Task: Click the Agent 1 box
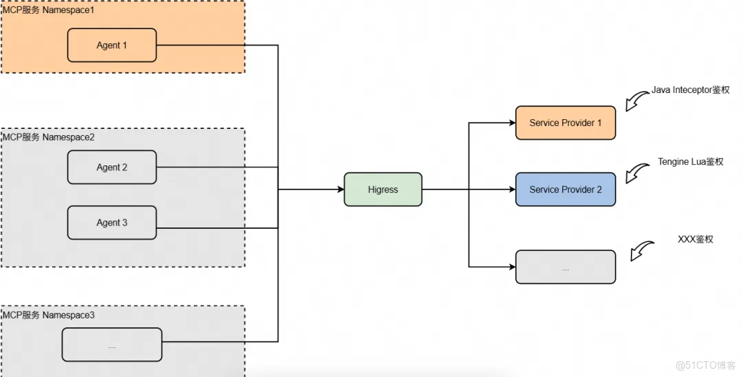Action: coord(112,45)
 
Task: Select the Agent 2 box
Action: coord(112,167)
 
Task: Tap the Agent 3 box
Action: coord(112,223)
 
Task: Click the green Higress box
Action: coord(383,190)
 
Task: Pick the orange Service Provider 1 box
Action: coord(565,123)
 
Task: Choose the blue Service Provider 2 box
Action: coord(565,190)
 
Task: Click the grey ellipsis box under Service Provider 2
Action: coord(565,267)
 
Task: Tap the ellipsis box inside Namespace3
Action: coord(112,345)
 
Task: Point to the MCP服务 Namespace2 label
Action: coord(48,137)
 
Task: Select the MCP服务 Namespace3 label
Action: coord(48,315)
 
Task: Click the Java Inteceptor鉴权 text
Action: coord(690,90)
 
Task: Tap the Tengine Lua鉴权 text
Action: coord(690,161)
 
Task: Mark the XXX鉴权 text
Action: coord(695,239)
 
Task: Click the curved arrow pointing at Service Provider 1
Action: coord(638,101)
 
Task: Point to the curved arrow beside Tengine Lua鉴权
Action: coord(638,173)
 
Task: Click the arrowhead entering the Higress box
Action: coord(339,190)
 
